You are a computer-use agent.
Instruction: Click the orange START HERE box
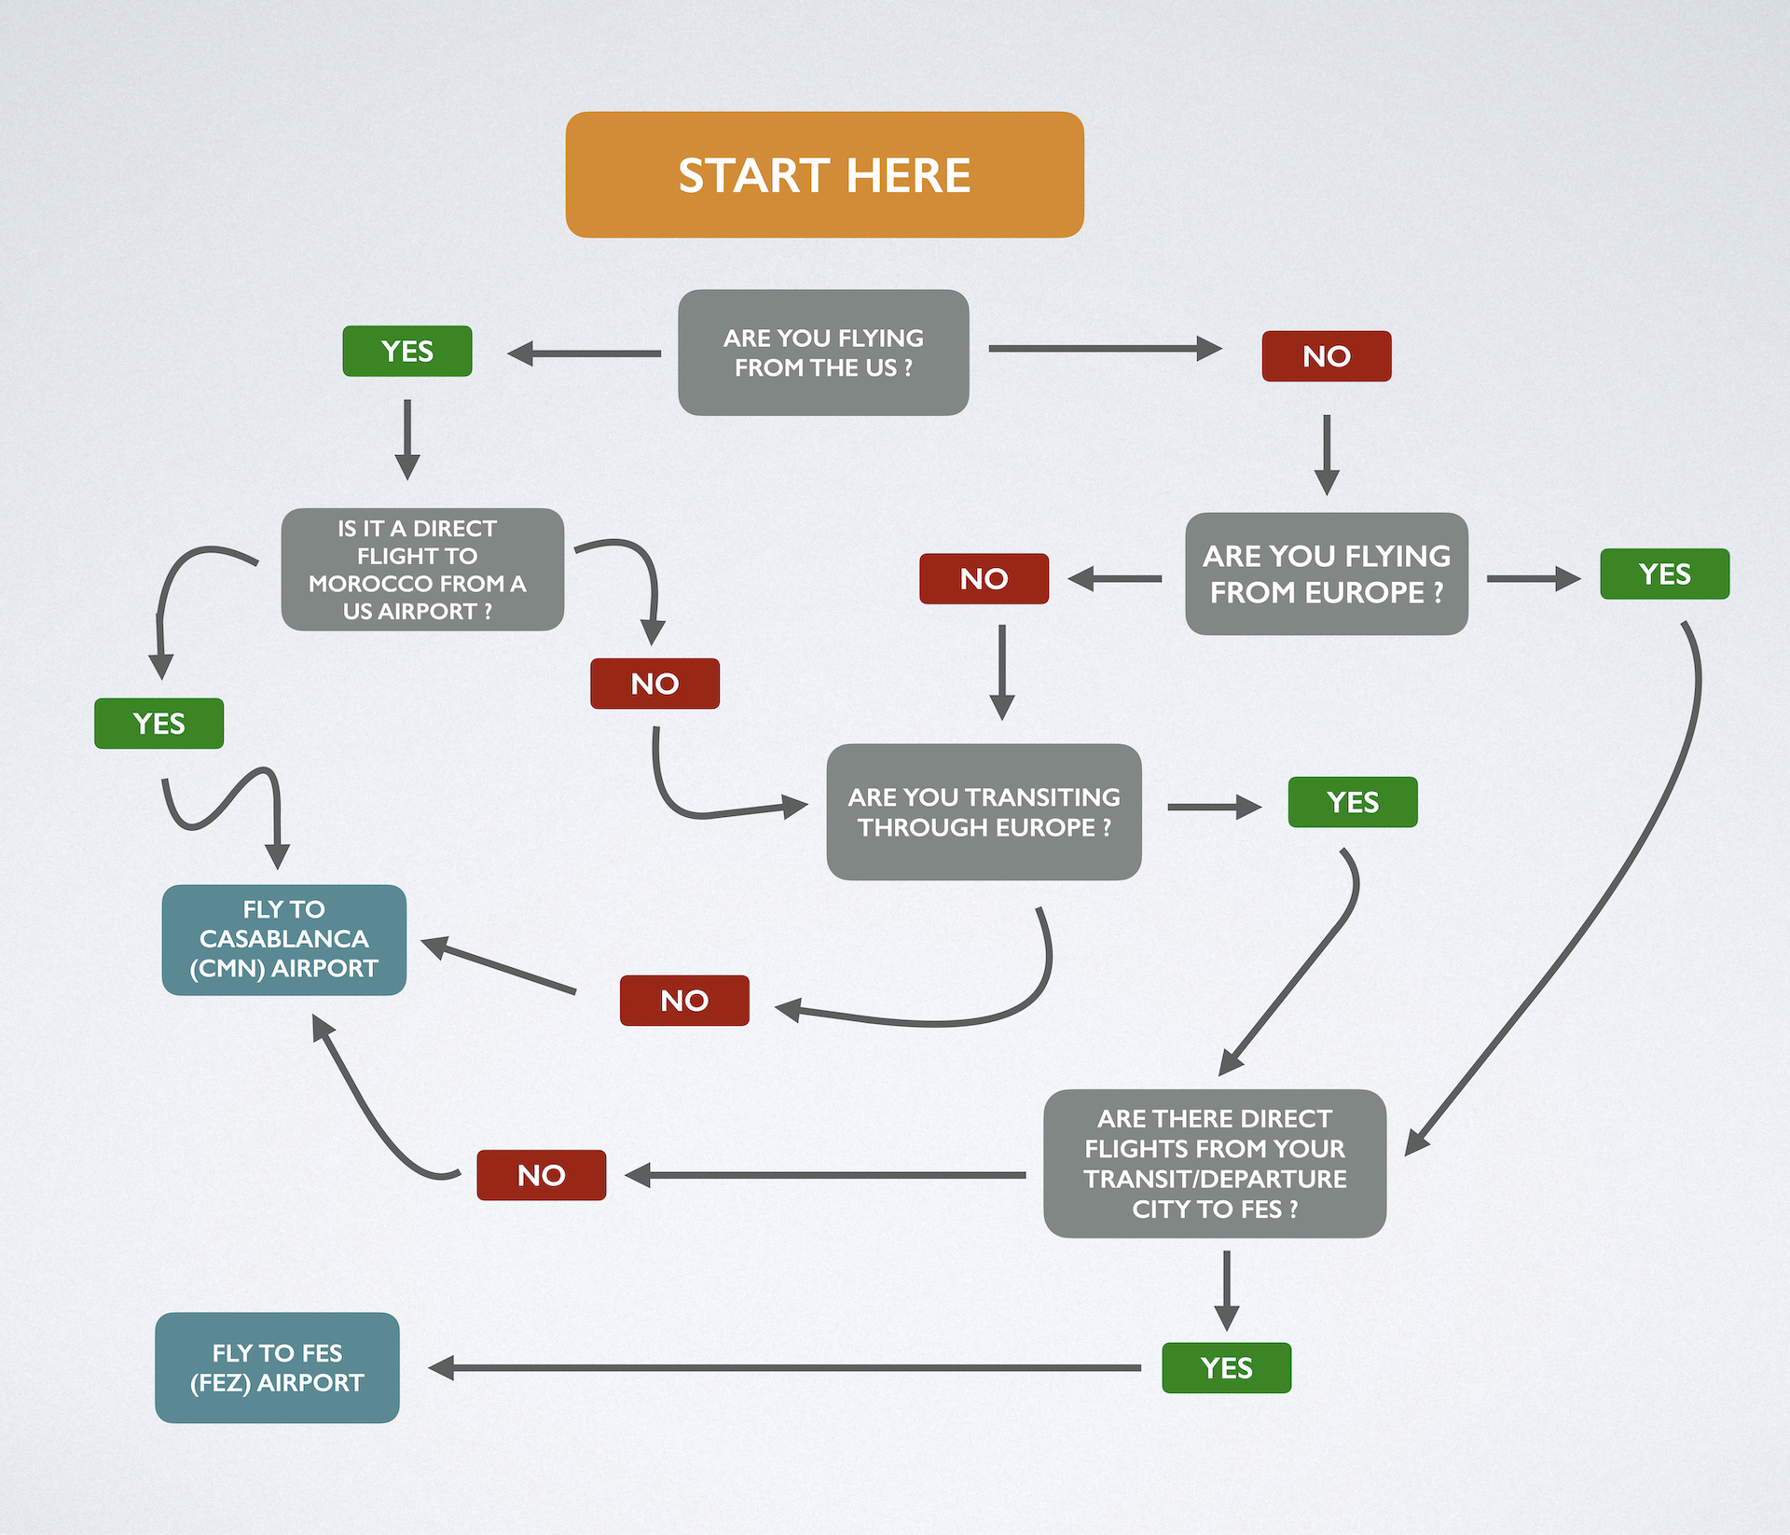824,174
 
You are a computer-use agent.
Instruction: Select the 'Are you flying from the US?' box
823,353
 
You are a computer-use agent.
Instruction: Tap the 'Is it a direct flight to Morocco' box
422,569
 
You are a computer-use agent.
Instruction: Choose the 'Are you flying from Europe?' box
1326,574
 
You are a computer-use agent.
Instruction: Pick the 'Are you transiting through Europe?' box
984,811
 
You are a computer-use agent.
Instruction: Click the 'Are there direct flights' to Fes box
1214,1163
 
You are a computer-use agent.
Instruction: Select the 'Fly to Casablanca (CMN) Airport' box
283,939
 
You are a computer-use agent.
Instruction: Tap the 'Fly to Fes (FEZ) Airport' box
277,1367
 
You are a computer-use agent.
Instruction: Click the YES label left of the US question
406,351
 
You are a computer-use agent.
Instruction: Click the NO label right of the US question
1326,355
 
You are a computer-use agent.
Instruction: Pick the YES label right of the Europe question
1664,574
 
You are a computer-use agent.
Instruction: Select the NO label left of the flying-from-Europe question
984,578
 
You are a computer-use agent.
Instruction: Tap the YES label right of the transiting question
1352,802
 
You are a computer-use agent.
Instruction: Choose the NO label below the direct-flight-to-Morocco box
654,684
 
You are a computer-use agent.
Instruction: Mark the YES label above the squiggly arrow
158,723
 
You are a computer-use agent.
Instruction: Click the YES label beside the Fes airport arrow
1226,1367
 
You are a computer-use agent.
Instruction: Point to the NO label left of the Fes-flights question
541,1175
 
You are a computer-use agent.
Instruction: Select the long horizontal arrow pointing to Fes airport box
783,1368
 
